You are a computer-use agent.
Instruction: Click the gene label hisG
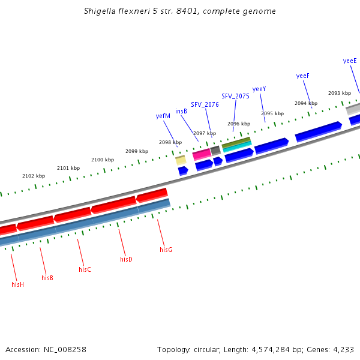point(166,249)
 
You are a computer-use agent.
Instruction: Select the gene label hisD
point(126,259)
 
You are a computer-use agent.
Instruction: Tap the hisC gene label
point(85,269)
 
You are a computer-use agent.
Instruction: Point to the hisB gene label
point(47,278)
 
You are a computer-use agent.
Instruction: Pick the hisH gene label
point(17,284)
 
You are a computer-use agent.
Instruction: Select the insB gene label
point(181,111)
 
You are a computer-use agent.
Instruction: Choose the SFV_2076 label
point(205,104)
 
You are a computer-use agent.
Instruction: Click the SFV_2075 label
point(235,96)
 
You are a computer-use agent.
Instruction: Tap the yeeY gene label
point(259,89)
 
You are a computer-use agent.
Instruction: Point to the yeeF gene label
point(303,76)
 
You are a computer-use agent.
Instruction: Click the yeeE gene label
point(350,61)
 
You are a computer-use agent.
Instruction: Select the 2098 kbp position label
point(170,142)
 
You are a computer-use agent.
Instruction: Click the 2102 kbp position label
point(34,176)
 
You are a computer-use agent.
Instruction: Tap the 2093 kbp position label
point(339,93)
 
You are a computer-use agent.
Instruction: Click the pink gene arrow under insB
point(202,155)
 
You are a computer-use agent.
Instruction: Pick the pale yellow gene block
point(181,161)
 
